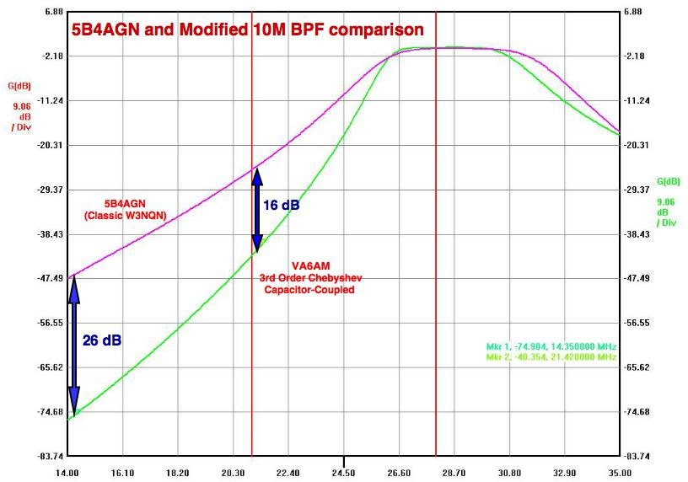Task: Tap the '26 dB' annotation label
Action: [x=102, y=340]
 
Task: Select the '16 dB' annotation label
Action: [x=282, y=205]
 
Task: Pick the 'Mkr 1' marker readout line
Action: [x=551, y=346]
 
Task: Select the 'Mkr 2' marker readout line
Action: [x=551, y=356]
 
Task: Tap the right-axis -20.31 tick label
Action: [x=641, y=145]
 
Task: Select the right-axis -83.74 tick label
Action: [x=641, y=456]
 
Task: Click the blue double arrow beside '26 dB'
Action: [x=73, y=345]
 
